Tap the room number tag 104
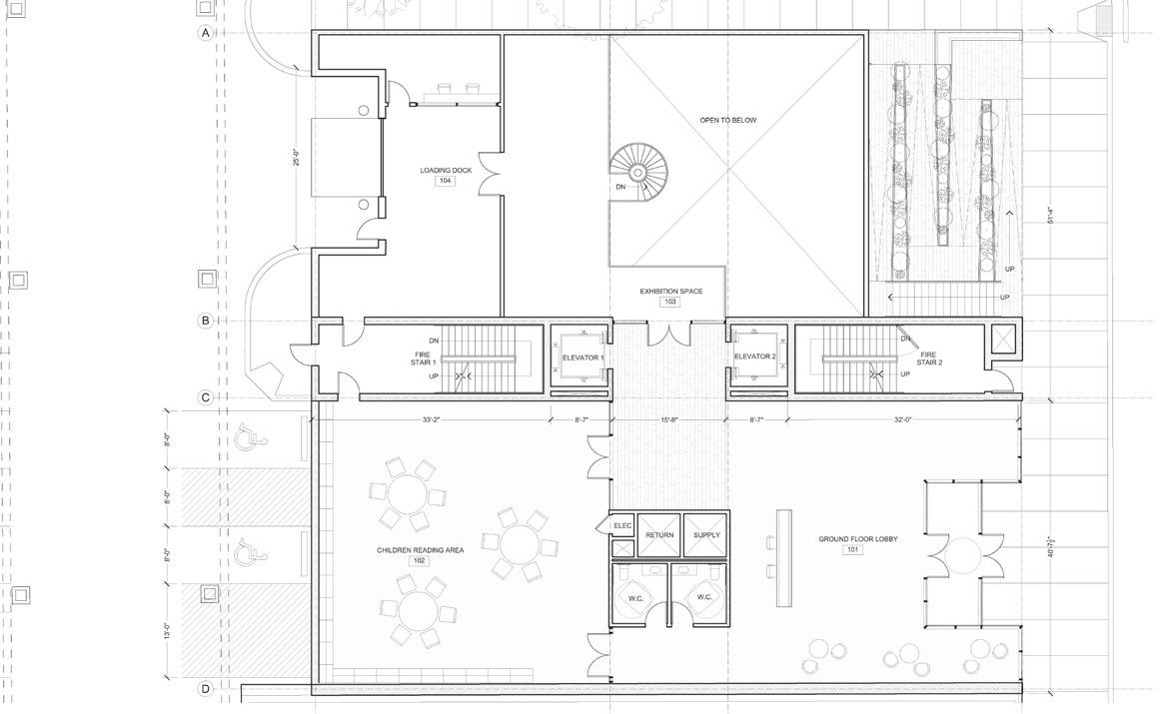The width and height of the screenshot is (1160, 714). coord(445,181)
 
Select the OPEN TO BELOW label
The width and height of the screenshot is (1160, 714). coord(727,120)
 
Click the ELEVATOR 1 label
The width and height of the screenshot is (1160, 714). coord(582,357)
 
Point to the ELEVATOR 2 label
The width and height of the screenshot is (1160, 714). coord(754,357)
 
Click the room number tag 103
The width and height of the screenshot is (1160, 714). coord(670,302)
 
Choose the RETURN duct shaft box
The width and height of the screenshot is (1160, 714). coord(659,535)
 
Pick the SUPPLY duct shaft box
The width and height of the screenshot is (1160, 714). coord(706,535)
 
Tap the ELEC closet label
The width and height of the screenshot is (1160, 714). coord(622,525)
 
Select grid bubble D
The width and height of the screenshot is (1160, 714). coord(205,689)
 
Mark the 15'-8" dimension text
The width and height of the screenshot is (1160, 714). coord(668,420)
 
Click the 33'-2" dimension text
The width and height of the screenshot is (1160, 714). coord(431,420)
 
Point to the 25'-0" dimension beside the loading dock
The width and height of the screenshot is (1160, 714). coord(297,157)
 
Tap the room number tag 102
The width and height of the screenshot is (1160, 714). coord(419,561)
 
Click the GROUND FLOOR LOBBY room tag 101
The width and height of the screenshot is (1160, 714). coord(852,549)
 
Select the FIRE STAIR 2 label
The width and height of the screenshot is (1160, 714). coord(929,357)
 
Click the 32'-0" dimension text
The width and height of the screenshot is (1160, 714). coord(903,420)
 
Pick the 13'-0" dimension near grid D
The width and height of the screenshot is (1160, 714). coord(168,632)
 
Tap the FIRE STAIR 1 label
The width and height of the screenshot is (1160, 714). coord(423,357)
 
